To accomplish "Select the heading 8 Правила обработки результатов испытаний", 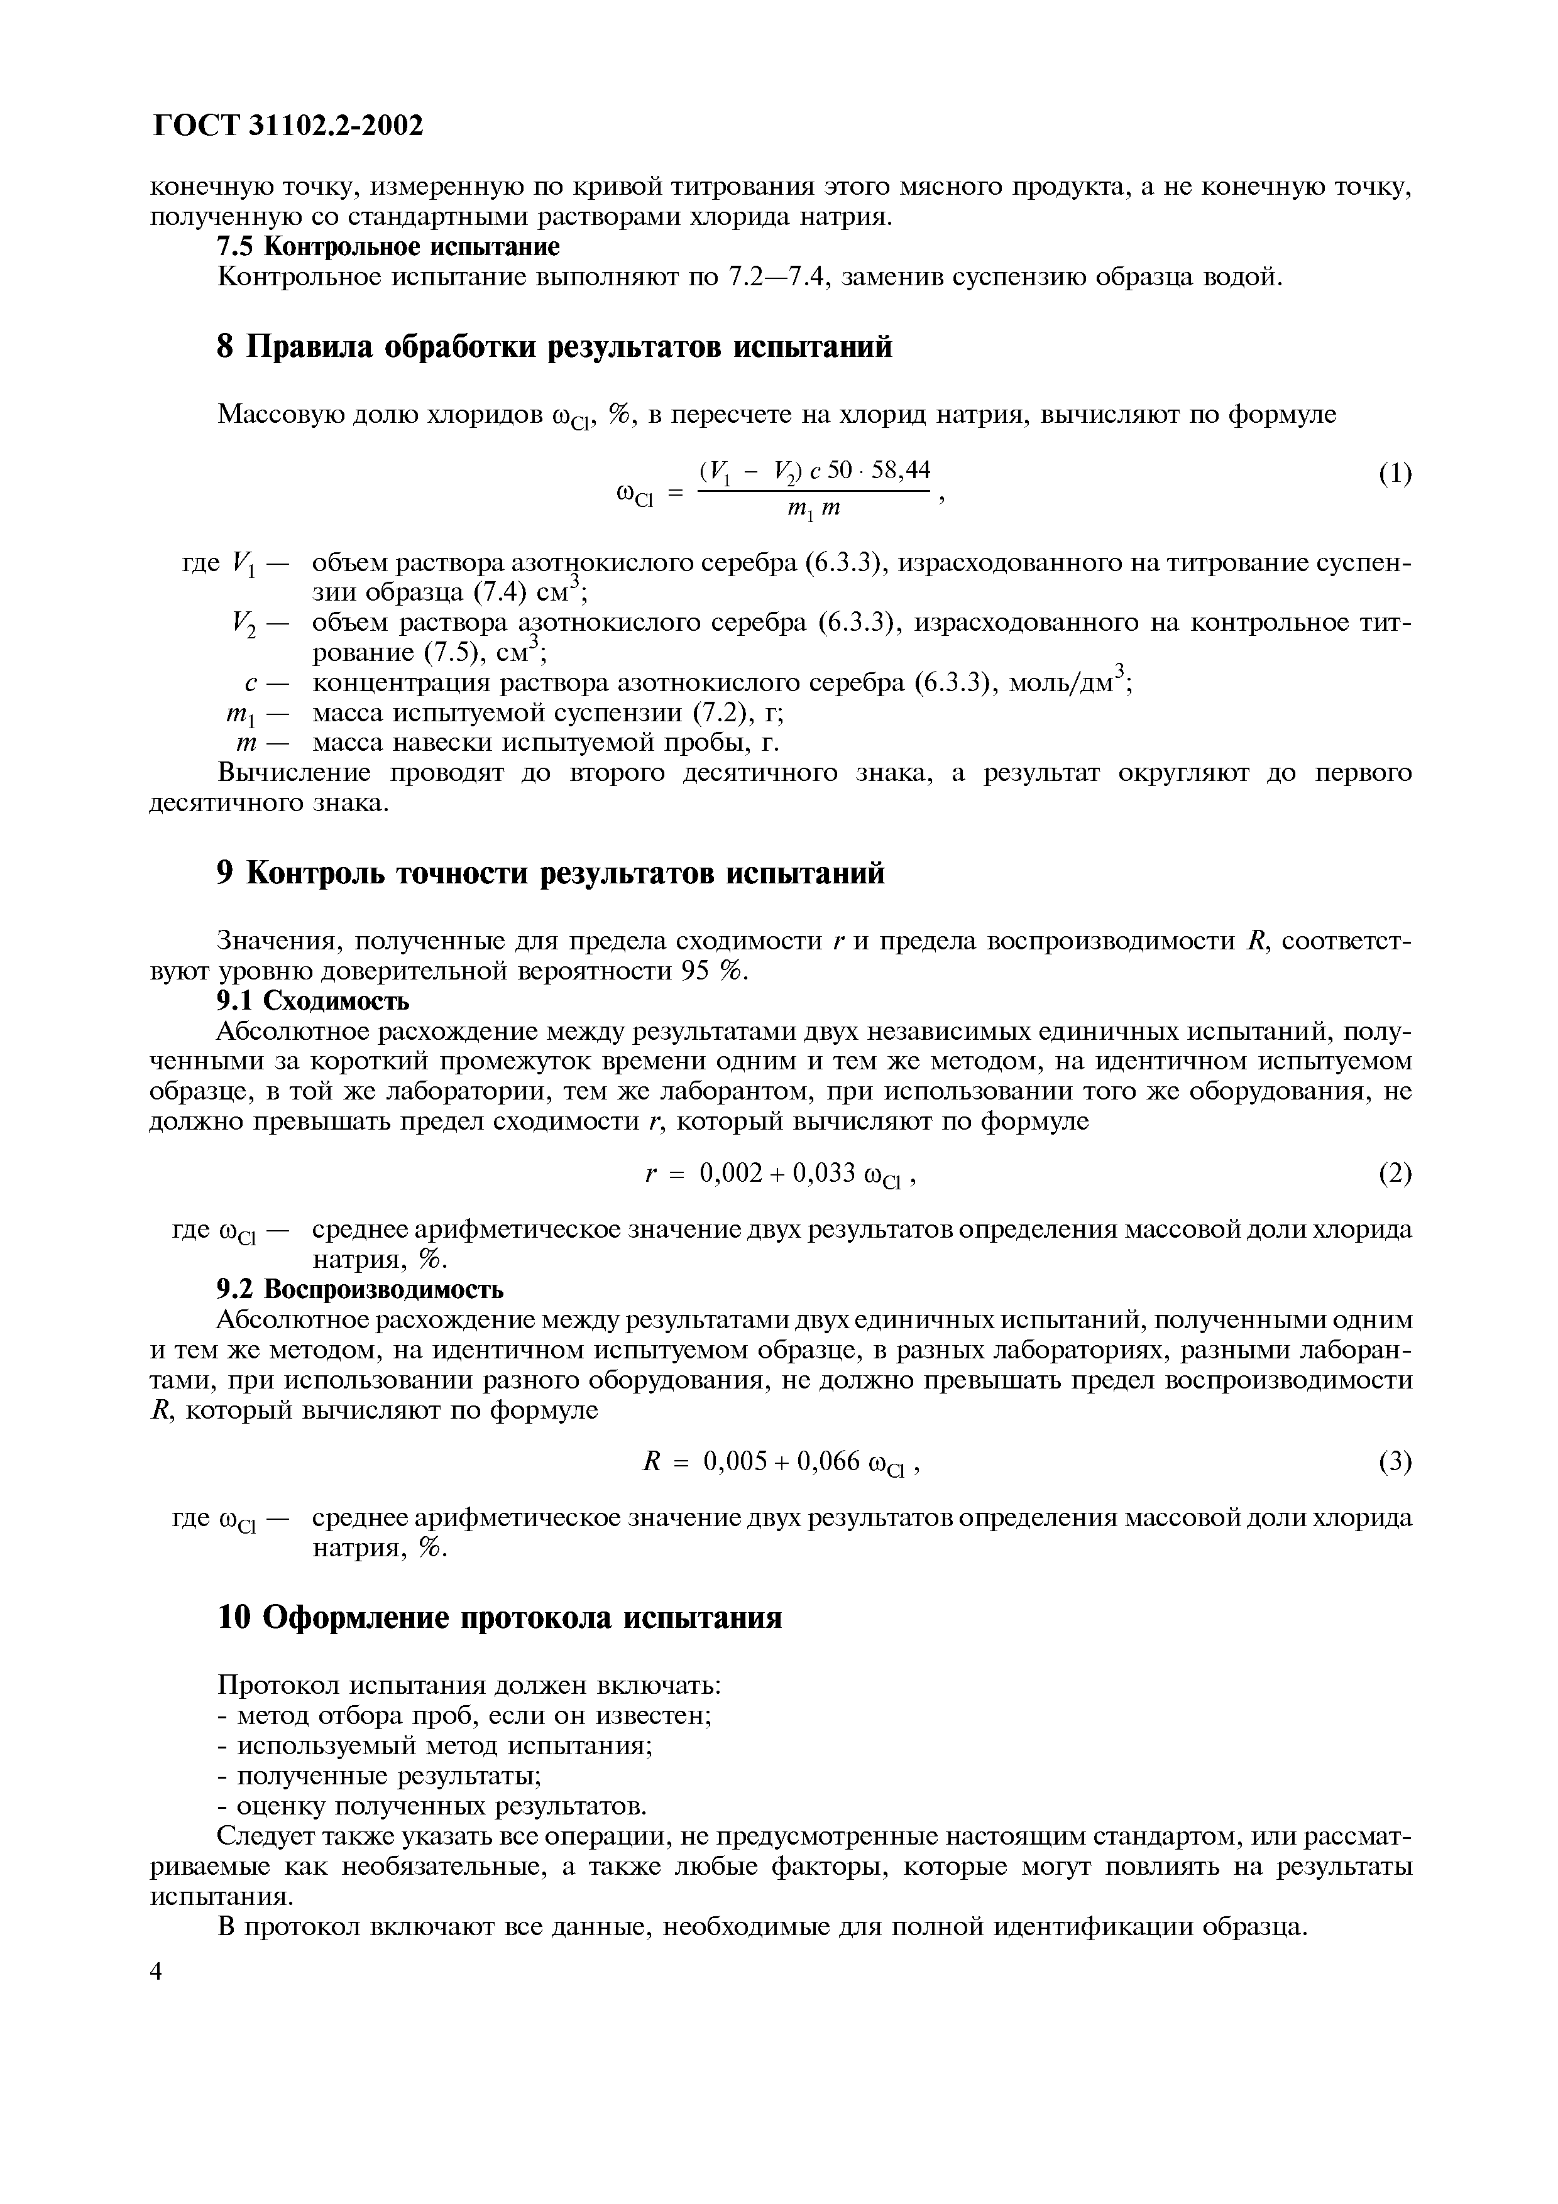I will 555,347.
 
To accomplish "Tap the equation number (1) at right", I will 1395,473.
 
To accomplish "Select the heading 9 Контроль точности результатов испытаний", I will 551,873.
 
